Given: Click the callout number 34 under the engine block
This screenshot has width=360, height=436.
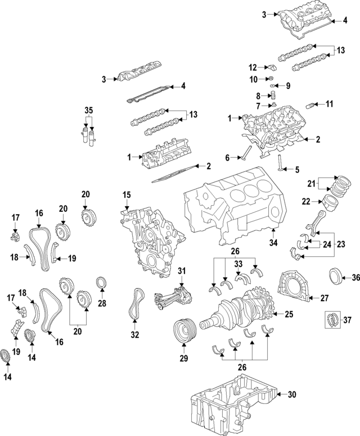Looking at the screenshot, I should tap(273, 243).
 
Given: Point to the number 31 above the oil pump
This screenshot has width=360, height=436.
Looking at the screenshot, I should tap(182, 272).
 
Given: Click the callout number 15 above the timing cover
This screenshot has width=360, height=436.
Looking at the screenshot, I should tap(127, 195).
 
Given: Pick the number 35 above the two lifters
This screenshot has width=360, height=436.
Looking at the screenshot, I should tap(88, 110).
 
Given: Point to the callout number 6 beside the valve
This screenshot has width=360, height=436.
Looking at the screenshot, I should tap(228, 158).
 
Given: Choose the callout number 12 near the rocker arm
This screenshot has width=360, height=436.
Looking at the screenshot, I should tap(253, 67).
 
